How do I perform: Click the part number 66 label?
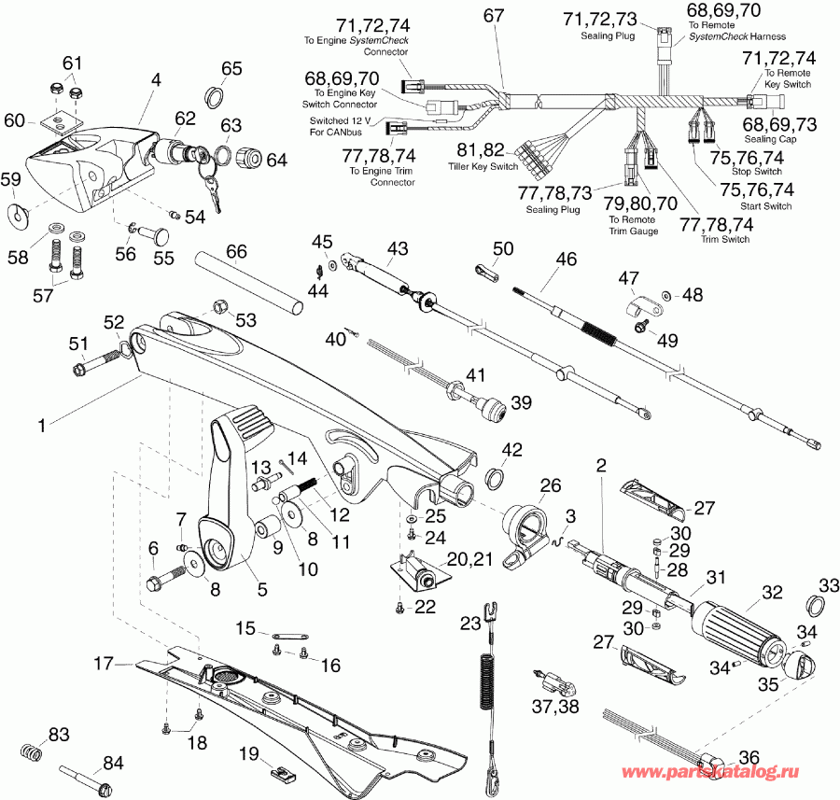pyautogui.click(x=236, y=253)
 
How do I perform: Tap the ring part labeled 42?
pyautogui.click(x=495, y=480)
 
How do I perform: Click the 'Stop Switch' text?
pyautogui.click(x=757, y=172)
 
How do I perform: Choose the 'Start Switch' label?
pyautogui.click(x=765, y=205)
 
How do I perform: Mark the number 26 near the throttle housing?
pyautogui.click(x=551, y=484)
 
